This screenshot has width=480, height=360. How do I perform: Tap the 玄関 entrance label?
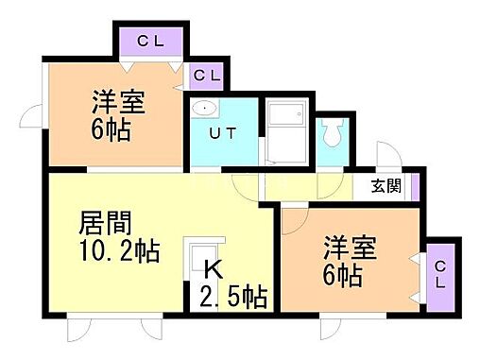click(385, 186)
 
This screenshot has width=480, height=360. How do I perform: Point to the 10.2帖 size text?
click(117, 253)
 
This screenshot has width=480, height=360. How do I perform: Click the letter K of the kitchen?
click(214, 270)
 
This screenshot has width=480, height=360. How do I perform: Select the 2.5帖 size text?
click(233, 299)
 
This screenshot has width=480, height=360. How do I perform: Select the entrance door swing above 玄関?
click(386, 157)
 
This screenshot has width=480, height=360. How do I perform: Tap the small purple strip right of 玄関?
click(415, 186)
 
